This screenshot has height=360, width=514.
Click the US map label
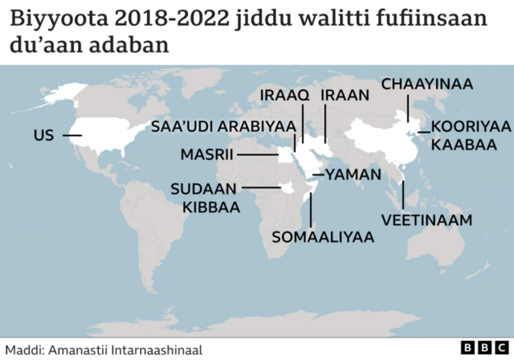43,136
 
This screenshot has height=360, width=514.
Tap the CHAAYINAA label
427,84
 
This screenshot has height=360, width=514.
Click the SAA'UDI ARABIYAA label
223,126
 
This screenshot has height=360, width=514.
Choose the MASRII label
206,154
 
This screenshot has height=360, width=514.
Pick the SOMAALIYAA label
324,237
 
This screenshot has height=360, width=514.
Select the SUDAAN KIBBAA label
205,198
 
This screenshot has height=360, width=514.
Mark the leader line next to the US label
71,136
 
